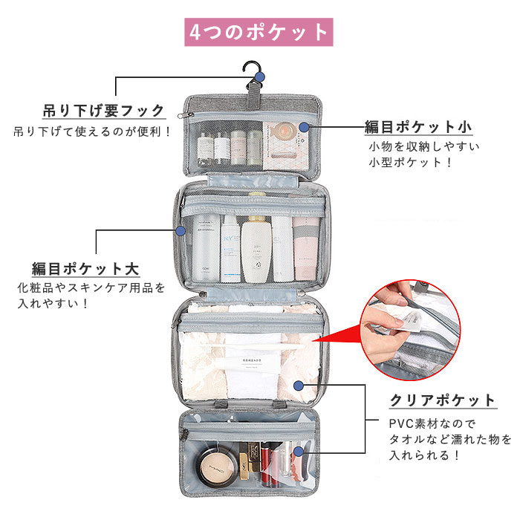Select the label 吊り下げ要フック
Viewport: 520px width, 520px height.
(103, 111)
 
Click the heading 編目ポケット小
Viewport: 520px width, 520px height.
(418, 127)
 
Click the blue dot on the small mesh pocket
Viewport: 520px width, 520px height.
(304, 127)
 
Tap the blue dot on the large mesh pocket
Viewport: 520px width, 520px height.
(181, 231)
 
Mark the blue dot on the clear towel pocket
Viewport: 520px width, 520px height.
(298, 386)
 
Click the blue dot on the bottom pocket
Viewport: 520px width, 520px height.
(297, 451)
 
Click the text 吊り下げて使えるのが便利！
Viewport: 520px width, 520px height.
(93, 132)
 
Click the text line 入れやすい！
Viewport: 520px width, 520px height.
(53, 303)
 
